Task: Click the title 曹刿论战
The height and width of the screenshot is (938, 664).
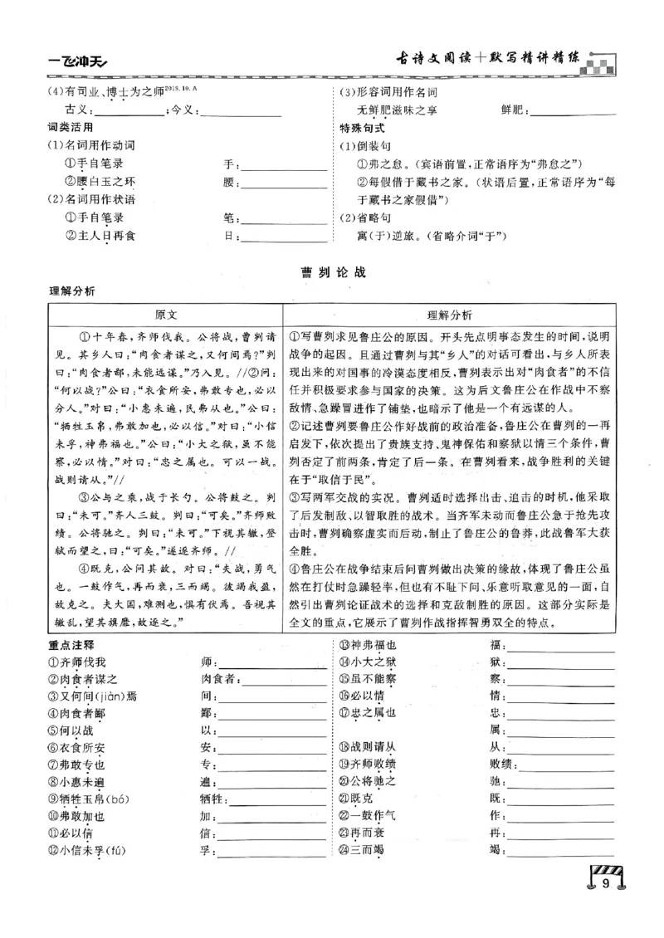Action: tap(332, 271)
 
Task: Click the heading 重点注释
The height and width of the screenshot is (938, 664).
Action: tap(71, 645)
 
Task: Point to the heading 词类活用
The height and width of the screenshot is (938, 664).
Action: tap(71, 128)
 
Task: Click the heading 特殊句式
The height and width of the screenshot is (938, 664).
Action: tap(363, 128)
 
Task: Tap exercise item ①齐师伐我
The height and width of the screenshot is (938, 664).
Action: tap(78, 662)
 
